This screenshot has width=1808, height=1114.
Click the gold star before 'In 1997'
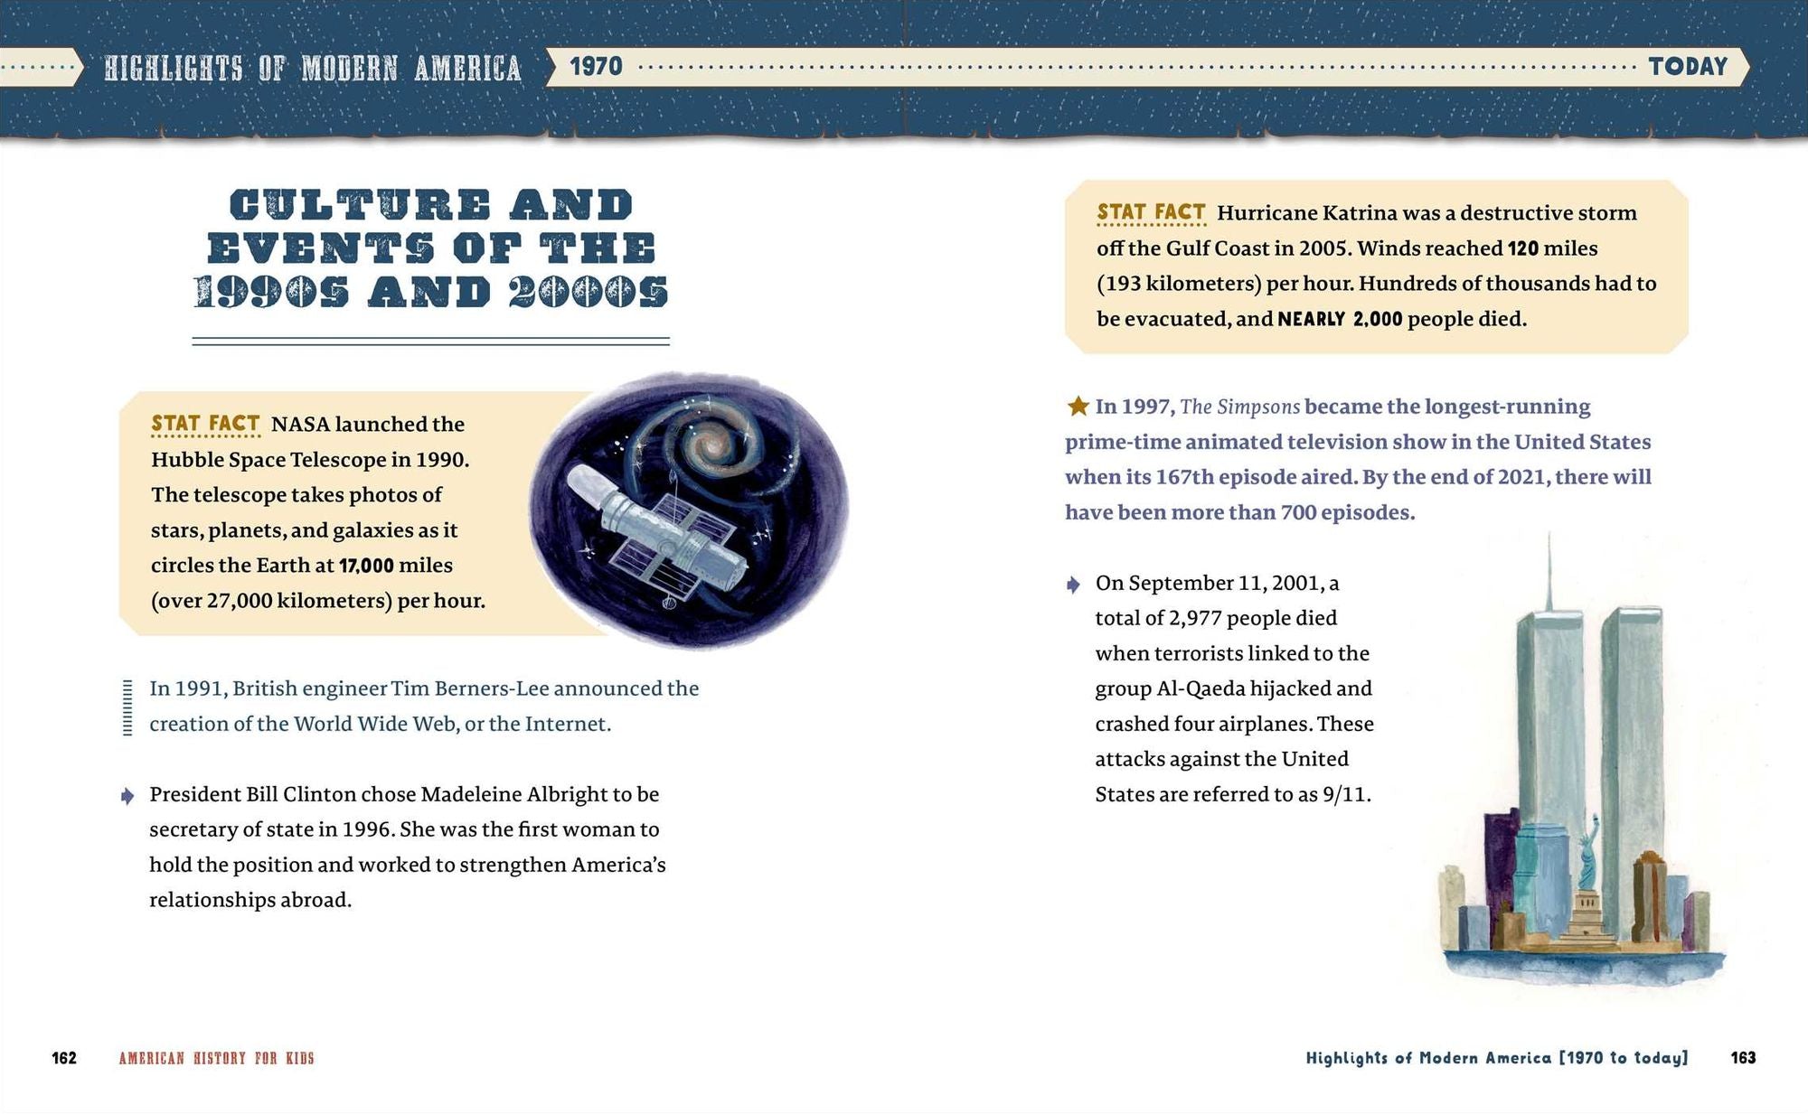coord(1078,407)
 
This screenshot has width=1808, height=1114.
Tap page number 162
coord(64,1058)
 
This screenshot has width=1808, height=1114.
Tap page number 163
coord(1743,1058)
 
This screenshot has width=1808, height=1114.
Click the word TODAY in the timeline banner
coord(1688,67)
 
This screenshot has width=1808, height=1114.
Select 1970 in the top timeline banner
coord(596,67)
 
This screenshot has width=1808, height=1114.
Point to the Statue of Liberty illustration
coord(1588,858)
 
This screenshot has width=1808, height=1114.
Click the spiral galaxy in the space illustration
coord(713,445)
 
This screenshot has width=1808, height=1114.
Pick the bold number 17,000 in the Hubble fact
coord(366,566)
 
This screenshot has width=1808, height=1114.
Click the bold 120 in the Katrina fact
coord(1523,248)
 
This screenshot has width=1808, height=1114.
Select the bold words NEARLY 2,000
coord(1340,319)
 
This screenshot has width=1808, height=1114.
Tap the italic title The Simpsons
coord(1239,407)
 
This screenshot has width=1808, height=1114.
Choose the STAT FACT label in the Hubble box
coord(205,424)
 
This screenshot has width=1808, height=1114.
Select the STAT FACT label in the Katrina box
coord(1151,212)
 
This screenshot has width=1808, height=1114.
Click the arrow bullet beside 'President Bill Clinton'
coord(127,796)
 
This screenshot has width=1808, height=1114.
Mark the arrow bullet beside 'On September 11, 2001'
coord(1073,585)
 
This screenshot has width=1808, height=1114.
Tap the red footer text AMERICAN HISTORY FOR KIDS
coord(216,1058)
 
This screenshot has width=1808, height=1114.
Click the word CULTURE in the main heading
coord(360,205)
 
